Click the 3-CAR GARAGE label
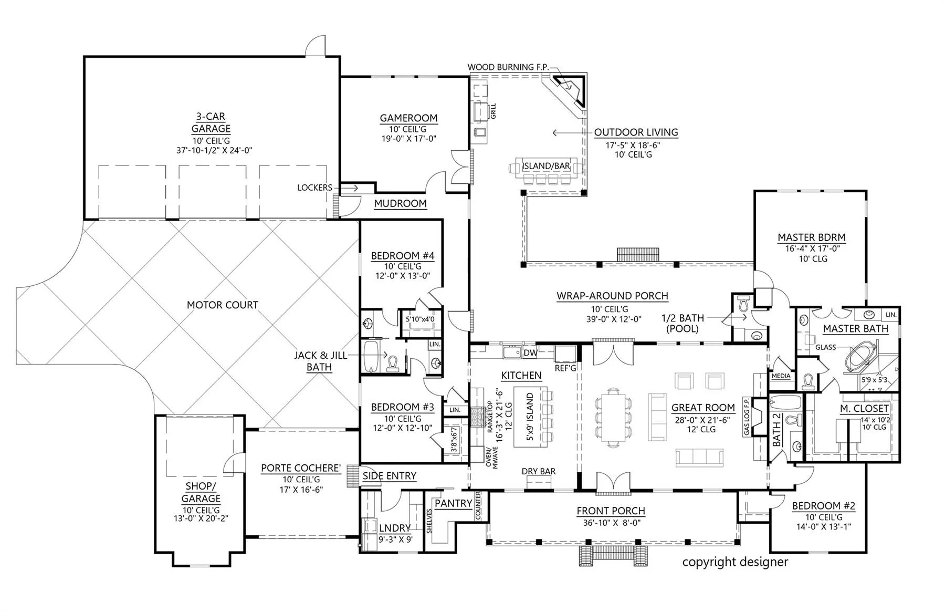211,122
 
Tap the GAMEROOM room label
408,118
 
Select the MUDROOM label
400,203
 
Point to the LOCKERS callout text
314,188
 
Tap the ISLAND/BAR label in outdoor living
545,166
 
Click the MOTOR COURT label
223,305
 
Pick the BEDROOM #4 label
403,256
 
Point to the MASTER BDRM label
811,237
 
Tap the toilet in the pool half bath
743,304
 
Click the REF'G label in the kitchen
565,368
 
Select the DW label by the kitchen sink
530,352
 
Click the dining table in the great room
613,418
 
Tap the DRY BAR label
539,471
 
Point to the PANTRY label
453,503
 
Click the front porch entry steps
613,556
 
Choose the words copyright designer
735,562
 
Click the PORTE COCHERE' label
301,468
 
